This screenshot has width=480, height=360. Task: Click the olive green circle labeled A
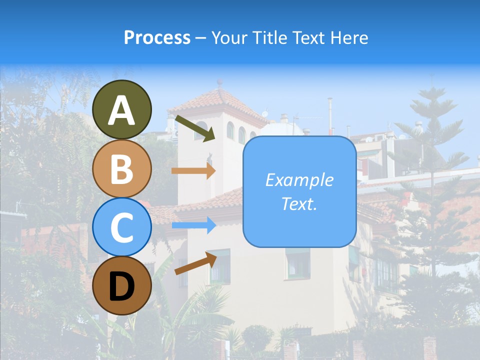(121, 109)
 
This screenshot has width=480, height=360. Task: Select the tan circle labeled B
(121, 168)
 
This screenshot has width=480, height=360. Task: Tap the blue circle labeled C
(121, 227)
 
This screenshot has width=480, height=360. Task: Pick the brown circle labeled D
(121, 285)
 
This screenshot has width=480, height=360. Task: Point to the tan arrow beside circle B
(193, 170)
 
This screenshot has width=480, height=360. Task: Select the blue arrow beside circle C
(193, 225)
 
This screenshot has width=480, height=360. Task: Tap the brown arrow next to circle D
(195, 263)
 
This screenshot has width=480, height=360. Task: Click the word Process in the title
(157, 37)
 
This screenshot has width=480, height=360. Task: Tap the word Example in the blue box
(299, 180)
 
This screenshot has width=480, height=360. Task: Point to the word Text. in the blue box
(299, 204)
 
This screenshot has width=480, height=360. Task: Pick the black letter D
(121, 286)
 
